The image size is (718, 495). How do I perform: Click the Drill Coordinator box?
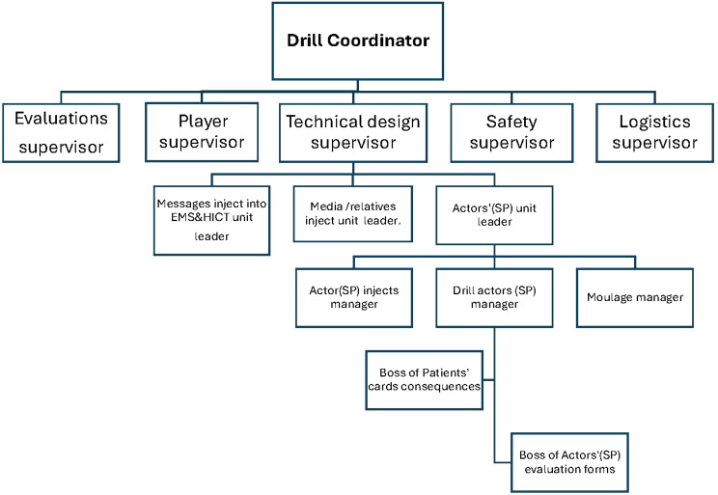(x=358, y=41)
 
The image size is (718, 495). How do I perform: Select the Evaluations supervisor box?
(x=61, y=133)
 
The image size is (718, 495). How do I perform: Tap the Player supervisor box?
(x=202, y=132)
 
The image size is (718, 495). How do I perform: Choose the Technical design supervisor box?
(x=353, y=133)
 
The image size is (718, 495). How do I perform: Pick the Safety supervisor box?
(x=511, y=133)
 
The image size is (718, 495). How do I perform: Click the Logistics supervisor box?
(x=655, y=133)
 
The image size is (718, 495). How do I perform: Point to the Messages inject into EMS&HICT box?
(x=211, y=220)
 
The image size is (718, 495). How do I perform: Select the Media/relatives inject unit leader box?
(x=353, y=214)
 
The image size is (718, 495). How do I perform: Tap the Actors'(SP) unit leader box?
(x=494, y=215)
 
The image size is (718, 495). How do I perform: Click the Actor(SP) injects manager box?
(x=354, y=297)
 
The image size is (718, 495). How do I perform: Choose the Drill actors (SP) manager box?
(x=494, y=297)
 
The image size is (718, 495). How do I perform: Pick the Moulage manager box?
(x=635, y=297)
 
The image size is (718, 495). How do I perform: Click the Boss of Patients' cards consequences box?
(x=424, y=380)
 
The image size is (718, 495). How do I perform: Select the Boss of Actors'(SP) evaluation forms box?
(x=569, y=462)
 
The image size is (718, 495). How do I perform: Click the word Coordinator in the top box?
(x=378, y=41)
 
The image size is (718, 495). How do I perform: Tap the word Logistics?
(x=655, y=122)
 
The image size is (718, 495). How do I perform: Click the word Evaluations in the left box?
(x=61, y=118)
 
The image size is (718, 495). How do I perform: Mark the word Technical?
(x=319, y=122)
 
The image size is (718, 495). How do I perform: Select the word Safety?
(x=511, y=122)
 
